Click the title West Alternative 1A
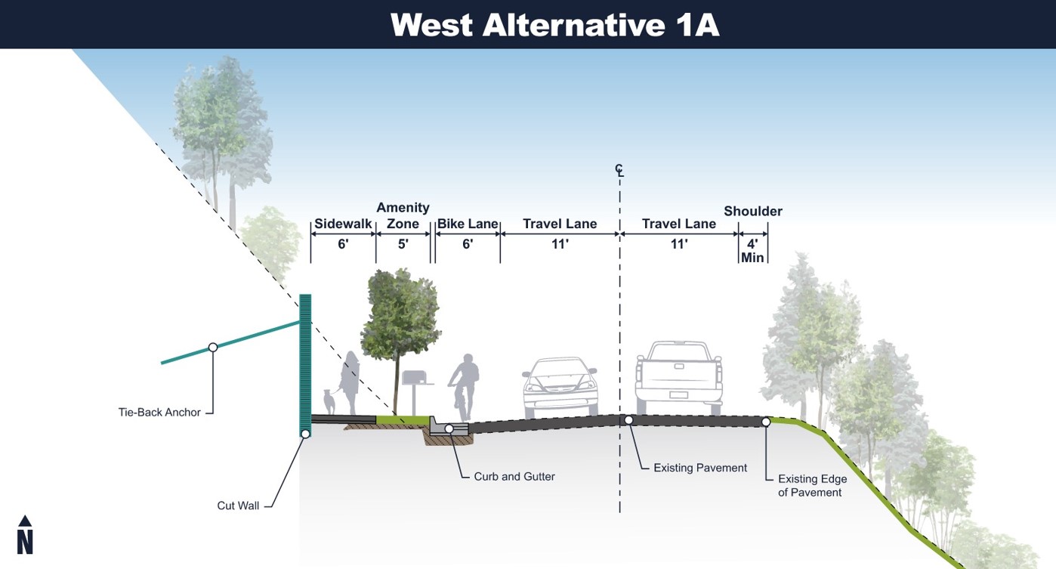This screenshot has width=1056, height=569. (x=554, y=25)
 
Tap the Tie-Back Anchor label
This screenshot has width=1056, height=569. (x=159, y=413)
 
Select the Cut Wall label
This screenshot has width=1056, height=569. (x=238, y=506)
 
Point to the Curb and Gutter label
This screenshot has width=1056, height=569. (x=514, y=477)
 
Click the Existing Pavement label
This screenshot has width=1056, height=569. (x=700, y=468)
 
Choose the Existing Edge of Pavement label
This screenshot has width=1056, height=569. (x=812, y=485)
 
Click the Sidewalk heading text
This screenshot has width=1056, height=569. (x=343, y=224)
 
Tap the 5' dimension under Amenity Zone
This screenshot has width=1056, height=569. (x=403, y=244)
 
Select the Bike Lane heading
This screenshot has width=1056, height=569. (x=468, y=224)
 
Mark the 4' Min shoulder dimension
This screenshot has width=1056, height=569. (x=753, y=250)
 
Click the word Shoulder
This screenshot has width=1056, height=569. (x=753, y=211)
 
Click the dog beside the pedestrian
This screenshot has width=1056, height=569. (x=329, y=401)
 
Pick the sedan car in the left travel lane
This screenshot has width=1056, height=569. (x=560, y=385)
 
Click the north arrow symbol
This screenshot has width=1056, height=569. (x=25, y=535)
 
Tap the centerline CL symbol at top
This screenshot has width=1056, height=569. (x=619, y=171)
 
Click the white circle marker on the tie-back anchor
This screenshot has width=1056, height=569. (x=213, y=347)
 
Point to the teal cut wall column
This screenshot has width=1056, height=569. (x=305, y=363)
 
